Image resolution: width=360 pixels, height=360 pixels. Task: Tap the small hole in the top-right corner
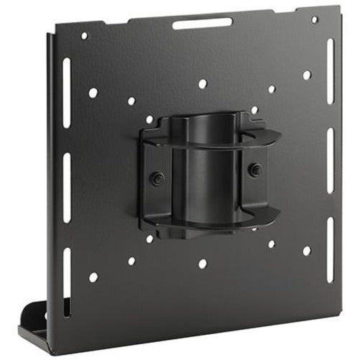314,20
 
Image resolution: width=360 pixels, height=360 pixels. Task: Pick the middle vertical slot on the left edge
67,178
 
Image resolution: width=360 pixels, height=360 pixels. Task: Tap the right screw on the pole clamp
254,169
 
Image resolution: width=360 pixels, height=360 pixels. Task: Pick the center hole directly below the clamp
203,264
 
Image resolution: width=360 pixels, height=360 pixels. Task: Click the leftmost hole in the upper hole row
93,93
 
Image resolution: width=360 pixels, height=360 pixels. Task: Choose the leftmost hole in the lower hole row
93,277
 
